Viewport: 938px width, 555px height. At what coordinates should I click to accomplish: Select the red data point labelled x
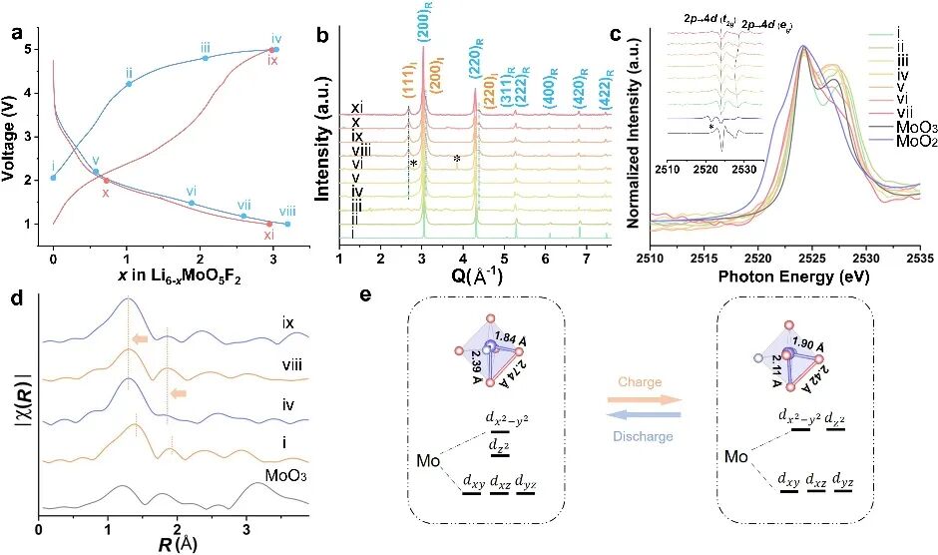click(106, 181)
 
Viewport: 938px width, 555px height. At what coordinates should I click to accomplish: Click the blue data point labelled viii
click(287, 224)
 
